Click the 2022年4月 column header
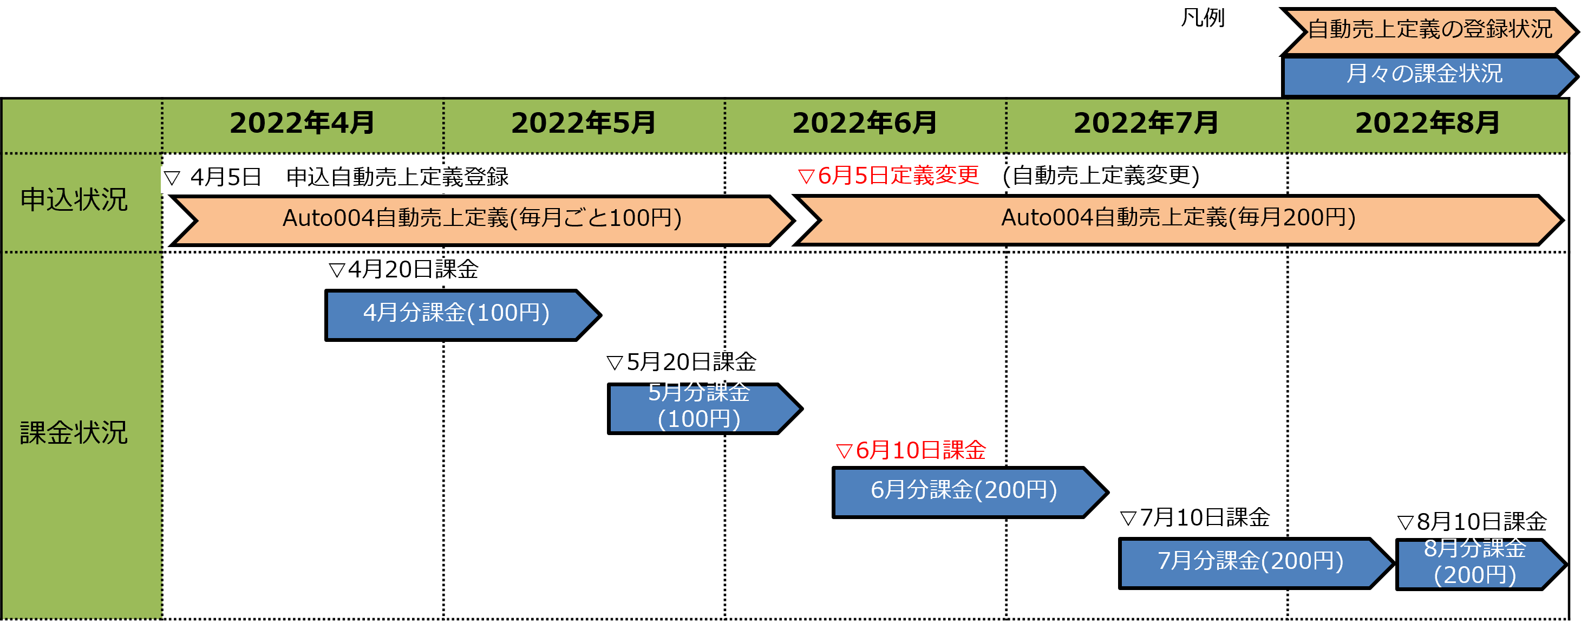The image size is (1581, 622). [302, 124]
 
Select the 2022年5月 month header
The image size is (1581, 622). [583, 124]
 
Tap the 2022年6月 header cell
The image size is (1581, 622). [865, 124]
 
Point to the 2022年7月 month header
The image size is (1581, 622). [1146, 124]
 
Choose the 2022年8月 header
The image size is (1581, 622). [1427, 124]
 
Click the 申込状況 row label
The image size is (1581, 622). [74, 200]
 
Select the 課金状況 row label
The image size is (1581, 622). [74, 433]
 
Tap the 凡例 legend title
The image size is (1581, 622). [1203, 19]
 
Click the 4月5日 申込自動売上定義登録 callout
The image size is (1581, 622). [336, 178]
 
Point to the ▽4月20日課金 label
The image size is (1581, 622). [403, 270]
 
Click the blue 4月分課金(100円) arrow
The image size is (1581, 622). [456, 314]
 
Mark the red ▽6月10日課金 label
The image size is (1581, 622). [911, 451]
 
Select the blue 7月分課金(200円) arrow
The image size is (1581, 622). [1250, 562]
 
